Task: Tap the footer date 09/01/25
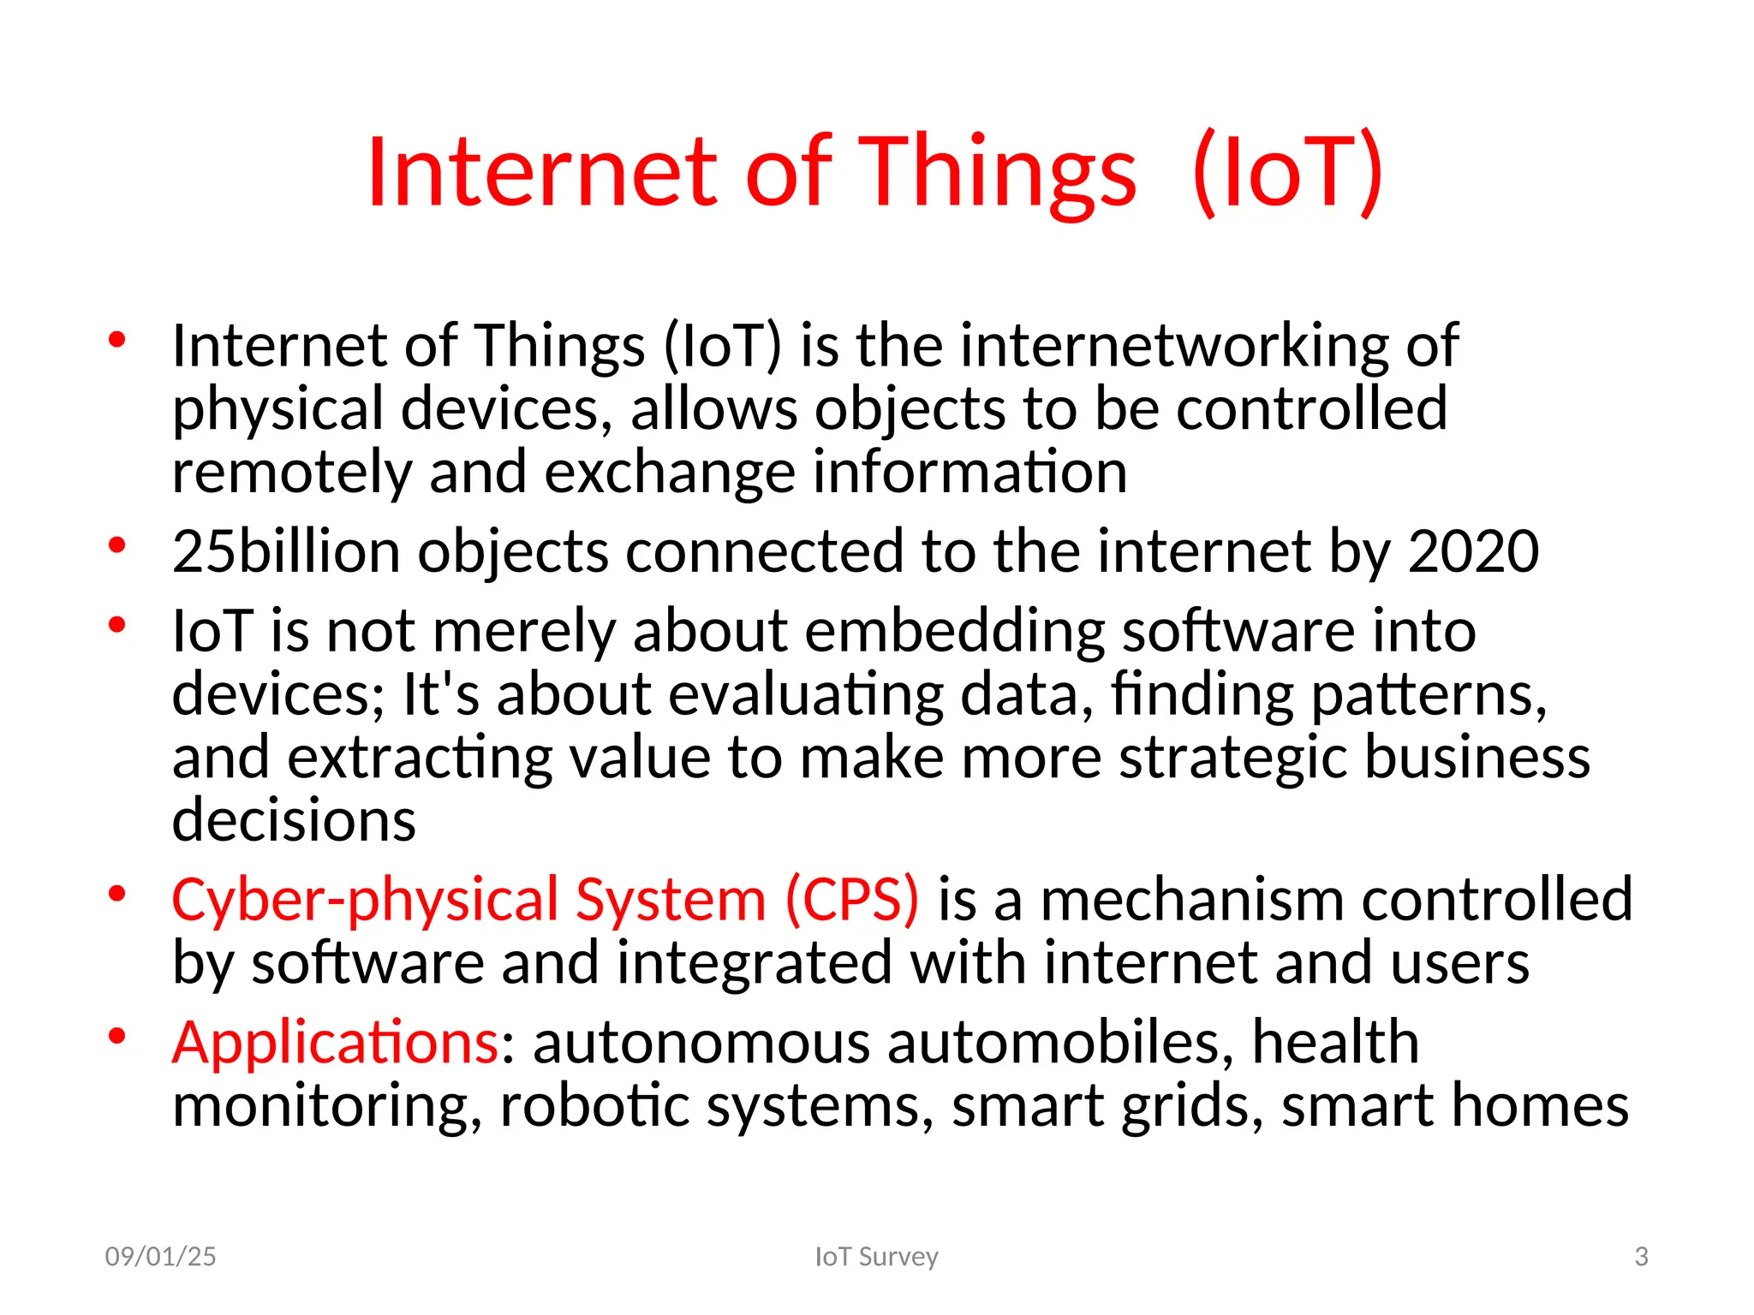coord(160,1256)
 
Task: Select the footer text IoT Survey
coord(876,1256)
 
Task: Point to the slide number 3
coord(1641,1256)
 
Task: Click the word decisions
coord(294,820)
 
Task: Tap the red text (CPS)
coord(852,901)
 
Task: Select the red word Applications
coord(335,1044)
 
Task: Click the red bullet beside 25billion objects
coord(117,545)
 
